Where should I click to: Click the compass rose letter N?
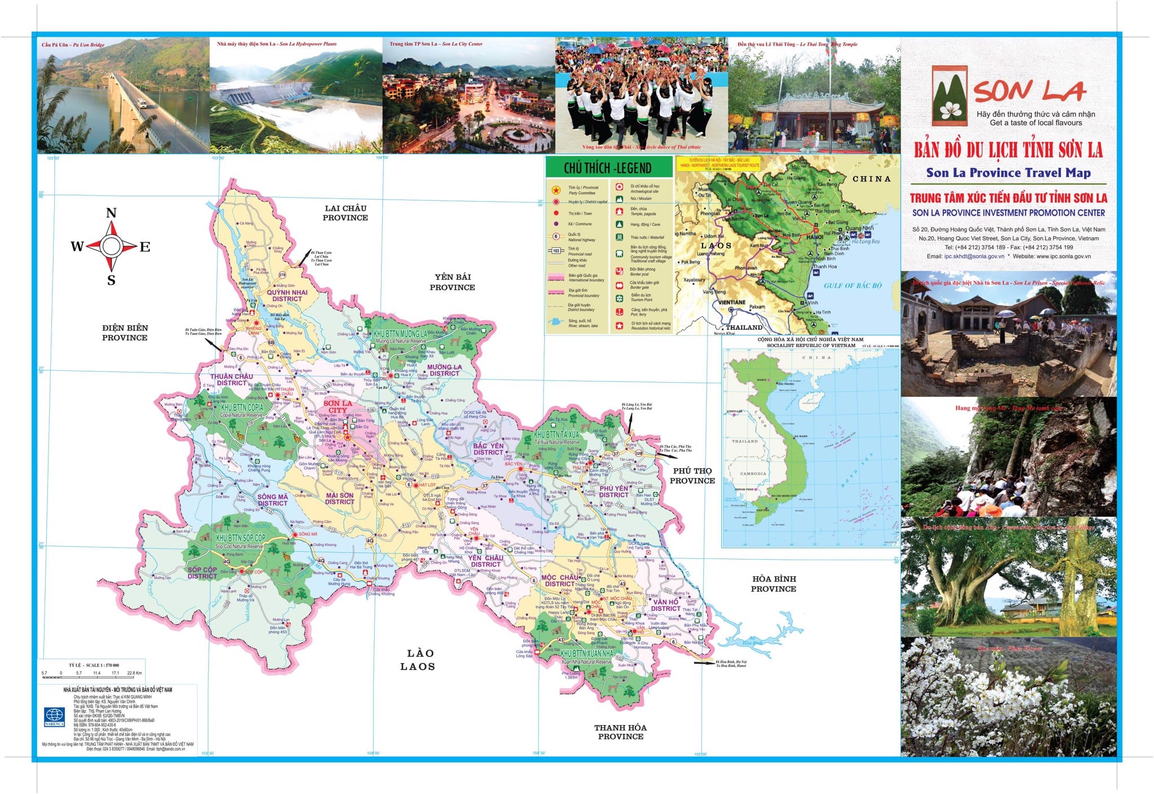point(111,213)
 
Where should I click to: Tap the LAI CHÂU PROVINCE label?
point(345,213)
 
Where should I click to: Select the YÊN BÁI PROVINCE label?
point(452,282)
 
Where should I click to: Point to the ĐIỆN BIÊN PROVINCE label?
point(125,332)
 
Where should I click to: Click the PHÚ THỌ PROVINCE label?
point(693,476)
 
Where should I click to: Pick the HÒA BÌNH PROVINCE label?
point(773,584)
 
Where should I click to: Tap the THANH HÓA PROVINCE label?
point(620,732)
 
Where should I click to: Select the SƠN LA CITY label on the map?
point(338,406)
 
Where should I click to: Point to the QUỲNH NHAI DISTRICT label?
point(287,295)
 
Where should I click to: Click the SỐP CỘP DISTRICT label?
point(202,573)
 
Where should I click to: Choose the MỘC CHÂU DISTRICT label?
point(560,580)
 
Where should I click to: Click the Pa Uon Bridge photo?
point(123,96)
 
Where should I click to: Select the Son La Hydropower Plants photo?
point(296,96)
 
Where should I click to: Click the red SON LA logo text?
point(1029,91)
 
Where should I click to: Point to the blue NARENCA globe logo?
point(55,716)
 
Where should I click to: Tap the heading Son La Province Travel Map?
point(1008,173)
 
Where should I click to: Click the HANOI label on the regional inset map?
point(814,237)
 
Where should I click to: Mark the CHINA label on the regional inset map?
point(871,179)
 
